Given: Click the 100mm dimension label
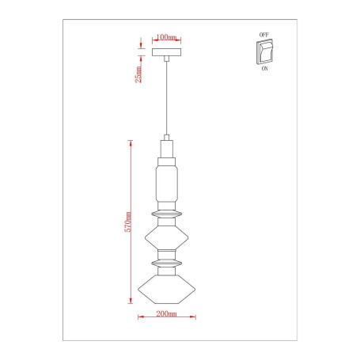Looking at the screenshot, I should pos(166,37).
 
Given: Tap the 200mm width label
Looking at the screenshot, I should pos(166,315).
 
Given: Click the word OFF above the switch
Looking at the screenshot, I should pos(263,36).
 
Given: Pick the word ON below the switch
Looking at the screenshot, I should pos(263,69).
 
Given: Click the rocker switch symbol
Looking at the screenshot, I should pos(263,52).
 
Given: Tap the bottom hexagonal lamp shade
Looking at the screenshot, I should pos(166,290).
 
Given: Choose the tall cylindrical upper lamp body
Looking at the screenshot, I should pos(166,180).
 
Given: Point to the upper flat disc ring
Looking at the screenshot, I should pos(166,213).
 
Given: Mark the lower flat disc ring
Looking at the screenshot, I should pos(166,261).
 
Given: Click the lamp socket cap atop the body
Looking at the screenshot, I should pos(166,148).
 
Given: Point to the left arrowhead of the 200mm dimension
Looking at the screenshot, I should pos(140,320).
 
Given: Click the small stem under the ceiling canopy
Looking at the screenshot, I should pos(166,59).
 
